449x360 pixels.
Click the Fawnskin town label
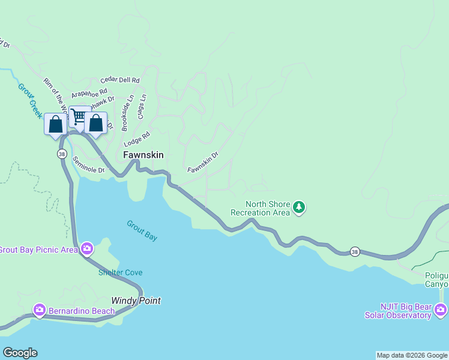pyautogui.click(x=143, y=155)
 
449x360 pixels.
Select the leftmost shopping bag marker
pyautogui.click(x=56, y=125)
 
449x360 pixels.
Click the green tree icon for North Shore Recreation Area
pyautogui.click(x=299, y=208)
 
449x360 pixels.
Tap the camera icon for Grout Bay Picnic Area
pyautogui.click(x=88, y=248)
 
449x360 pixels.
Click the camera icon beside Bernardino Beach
pyautogui.click(x=40, y=310)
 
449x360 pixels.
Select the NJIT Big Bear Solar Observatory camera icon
pyautogui.click(x=441, y=310)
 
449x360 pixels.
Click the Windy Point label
pyautogui.click(x=136, y=301)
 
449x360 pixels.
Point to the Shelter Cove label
pyautogui.click(x=121, y=272)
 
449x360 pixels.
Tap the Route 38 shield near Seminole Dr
pyautogui.click(x=62, y=154)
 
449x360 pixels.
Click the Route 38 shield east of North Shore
pyautogui.click(x=355, y=251)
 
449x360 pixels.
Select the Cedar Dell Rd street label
pyautogui.click(x=120, y=80)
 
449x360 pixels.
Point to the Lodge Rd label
pyautogui.click(x=136, y=141)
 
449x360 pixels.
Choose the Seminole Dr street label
pyautogui.click(x=88, y=165)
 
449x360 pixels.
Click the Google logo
pyautogui.click(x=20, y=353)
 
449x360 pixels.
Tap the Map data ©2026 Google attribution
pyautogui.click(x=412, y=355)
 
